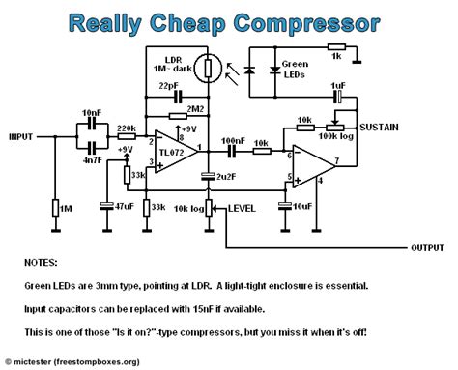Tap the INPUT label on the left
pyautogui.click(x=21, y=137)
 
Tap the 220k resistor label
pyautogui.click(x=125, y=128)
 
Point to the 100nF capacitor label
pyautogui.click(x=231, y=139)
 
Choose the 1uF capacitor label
pyautogui.click(x=337, y=86)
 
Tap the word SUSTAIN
pyautogui.click(x=379, y=127)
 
